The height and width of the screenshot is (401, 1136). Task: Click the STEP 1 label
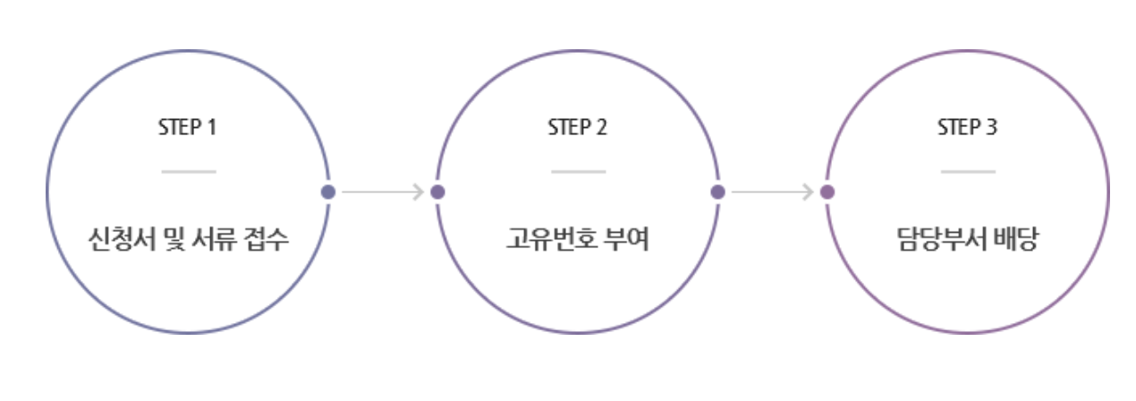click(188, 127)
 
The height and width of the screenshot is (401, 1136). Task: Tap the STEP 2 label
click(578, 127)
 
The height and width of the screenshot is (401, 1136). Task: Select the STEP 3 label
click(967, 127)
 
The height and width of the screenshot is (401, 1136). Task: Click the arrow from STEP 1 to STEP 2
click(382, 192)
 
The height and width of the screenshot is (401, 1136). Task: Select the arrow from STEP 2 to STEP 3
click(772, 192)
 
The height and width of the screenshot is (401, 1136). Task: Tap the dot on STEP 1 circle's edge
click(328, 192)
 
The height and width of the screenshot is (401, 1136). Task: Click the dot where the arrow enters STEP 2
click(437, 192)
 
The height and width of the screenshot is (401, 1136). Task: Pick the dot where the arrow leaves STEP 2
click(717, 192)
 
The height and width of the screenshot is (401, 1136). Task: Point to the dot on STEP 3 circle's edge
click(827, 192)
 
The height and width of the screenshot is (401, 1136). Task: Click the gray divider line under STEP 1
click(189, 171)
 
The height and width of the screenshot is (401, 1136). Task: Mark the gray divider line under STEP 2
click(578, 171)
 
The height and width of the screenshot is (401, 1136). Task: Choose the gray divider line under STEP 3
click(968, 171)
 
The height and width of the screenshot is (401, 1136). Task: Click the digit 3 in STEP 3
click(991, 127)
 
